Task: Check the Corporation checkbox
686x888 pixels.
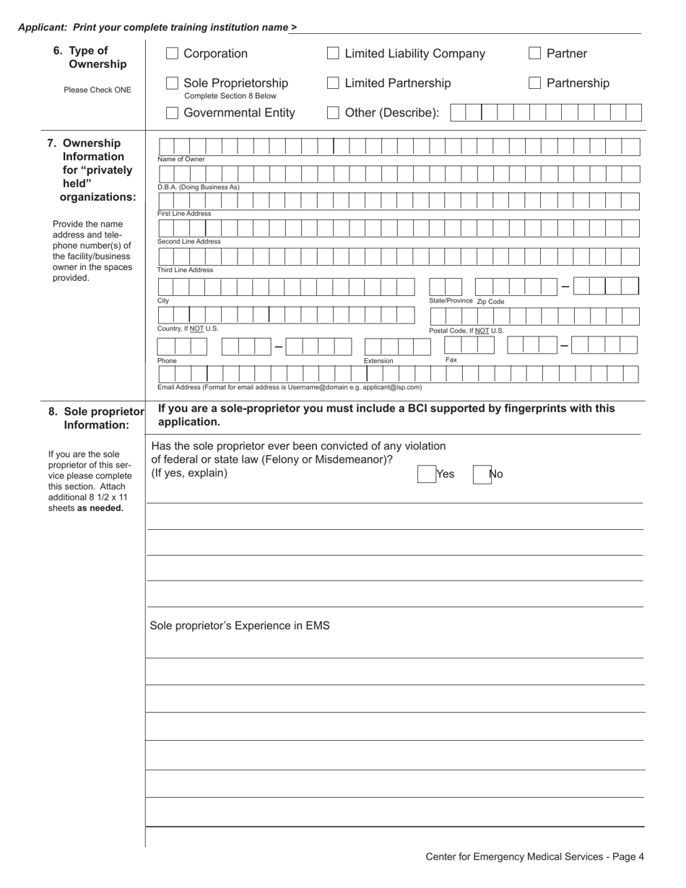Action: pyautogui.click(x=173, y=53)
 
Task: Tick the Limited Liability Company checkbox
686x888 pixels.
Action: pyautogui.click(x=333, y=53)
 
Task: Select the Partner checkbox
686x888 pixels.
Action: pyautogui.click(x=535, y=53)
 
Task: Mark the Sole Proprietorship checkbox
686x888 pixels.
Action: pyautogui.click(x=173, y=83)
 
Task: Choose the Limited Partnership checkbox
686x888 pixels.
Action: pyautogui.click(x=333, y=83)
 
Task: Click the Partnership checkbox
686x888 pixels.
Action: pyautogui.click(x=535, y=83)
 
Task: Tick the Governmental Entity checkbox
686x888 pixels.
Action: pyautogui.click(x=173, y=113)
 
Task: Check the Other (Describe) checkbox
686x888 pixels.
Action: pyautogui.click(x=333, y=113)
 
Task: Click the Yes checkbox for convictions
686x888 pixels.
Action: pyautogui.click(x=426, y=474)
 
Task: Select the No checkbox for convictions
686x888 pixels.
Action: pyautogui.click(x=482, y=474)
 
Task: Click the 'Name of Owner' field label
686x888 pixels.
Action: pyautogui.click(x=181, y=160)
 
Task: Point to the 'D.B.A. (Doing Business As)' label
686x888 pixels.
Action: pyautogui.click(x=199, y=187)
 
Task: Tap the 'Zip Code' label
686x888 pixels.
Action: pyautogui.click(x=490, y=302)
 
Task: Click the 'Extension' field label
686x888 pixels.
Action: pyautogui.click(x=378, y=361)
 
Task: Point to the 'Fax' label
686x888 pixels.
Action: pyautogui.click(x=451, y=360)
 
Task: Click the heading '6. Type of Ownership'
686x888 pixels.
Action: pyautogui.click(x=90, y=57)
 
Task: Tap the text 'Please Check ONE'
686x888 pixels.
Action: pyautogui.click(x=97, y=90)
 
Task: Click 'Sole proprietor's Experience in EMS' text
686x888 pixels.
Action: pyautogui.click(x=240, y=625)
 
